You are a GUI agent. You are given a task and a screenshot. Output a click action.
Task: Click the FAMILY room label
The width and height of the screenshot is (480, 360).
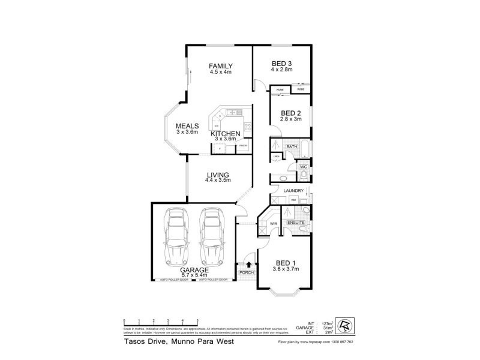[220, 66]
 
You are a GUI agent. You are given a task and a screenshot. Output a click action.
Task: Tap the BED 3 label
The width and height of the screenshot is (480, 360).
[282, 64]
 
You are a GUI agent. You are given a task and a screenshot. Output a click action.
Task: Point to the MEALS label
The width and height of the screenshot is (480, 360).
[187, 126]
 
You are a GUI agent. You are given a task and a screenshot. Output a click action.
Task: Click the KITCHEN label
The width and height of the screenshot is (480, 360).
[226, 133]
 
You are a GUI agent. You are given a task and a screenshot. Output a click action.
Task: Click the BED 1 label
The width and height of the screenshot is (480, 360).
[286, 263]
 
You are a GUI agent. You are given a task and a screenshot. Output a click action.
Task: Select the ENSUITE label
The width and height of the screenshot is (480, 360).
[296, 223]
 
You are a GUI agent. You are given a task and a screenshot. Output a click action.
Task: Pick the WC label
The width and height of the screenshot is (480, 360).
[304, 166]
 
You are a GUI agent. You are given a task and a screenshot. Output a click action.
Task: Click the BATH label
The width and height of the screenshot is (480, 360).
[292, 146]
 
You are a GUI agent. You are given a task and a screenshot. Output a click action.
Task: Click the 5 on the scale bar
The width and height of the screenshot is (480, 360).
[197, 320]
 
